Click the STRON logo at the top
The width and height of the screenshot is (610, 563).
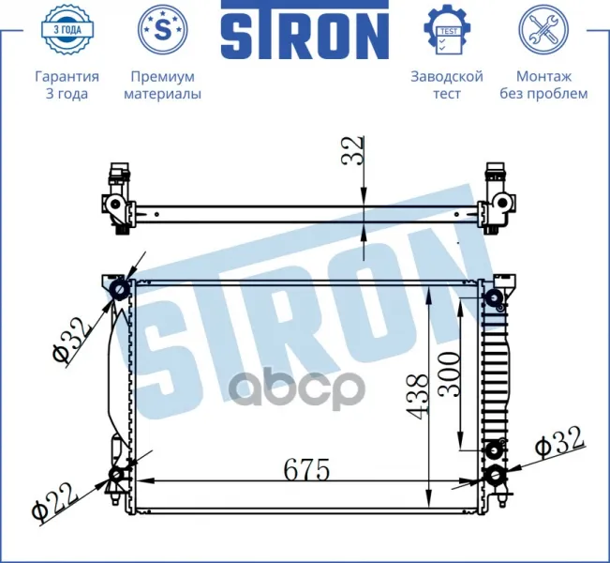pos(305,30)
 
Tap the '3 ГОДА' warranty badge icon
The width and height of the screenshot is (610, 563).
pos(67,30)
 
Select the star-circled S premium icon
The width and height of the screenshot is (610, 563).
pos(163,30)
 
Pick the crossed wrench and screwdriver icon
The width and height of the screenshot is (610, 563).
pos(543,30)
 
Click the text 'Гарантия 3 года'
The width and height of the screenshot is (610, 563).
pos(67,85)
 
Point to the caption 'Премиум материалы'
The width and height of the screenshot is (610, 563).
pos(163,85)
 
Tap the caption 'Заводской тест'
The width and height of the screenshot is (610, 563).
pos(447,85)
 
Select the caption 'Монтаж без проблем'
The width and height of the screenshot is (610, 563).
pos(543,85)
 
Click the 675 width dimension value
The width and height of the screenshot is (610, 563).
pos(307,470)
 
